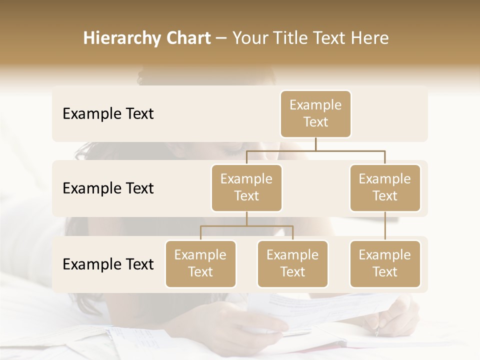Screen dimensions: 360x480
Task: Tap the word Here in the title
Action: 370,38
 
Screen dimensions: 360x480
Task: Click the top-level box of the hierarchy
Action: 315,113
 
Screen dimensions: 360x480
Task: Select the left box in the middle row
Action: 246,187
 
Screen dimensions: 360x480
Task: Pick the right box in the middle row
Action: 385,187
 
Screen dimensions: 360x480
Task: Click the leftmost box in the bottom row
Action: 200,263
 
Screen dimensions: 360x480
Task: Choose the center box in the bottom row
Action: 292,263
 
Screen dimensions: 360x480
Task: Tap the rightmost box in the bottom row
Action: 385,263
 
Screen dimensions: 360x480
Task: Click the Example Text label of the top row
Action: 108,114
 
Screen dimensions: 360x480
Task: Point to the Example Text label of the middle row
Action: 108,188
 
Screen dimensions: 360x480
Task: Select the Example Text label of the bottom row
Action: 108,264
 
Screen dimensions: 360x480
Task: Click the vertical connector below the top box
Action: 315,144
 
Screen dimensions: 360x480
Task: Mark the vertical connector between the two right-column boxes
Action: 385,226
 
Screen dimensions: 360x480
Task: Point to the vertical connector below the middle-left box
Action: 246,218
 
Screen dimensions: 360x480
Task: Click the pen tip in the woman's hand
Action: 377,333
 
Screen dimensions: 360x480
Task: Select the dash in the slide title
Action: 221,38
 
